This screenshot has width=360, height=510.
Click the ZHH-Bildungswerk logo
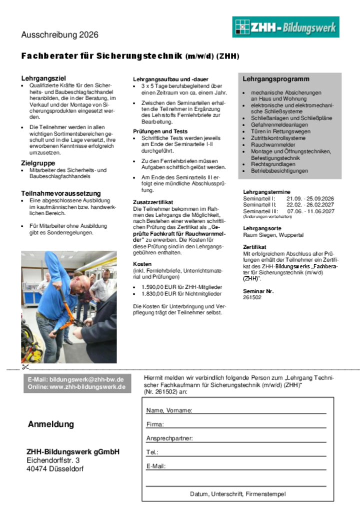click(285, 27)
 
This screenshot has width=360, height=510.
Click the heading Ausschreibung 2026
click(59, 35)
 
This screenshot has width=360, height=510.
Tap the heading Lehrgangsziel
click(43, 78)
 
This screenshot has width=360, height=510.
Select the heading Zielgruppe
click(38, 163)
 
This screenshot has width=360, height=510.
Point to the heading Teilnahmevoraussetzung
click(60, 193)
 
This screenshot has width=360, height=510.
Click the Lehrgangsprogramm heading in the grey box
click(276, 79)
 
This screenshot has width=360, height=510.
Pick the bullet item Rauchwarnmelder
click(273, 145)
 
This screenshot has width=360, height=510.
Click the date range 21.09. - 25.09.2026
click(310, 199)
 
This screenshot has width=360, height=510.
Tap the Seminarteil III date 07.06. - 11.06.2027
click(310, 211)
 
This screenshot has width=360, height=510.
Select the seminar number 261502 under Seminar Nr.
click(252, 297)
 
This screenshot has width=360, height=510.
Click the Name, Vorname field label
click(169, 410)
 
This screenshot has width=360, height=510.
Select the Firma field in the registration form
click(155, 424)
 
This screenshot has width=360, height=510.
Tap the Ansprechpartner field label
click(169, 438)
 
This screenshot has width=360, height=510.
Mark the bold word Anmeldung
click(50, 424)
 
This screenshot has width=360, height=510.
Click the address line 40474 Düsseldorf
click(55, 469)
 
